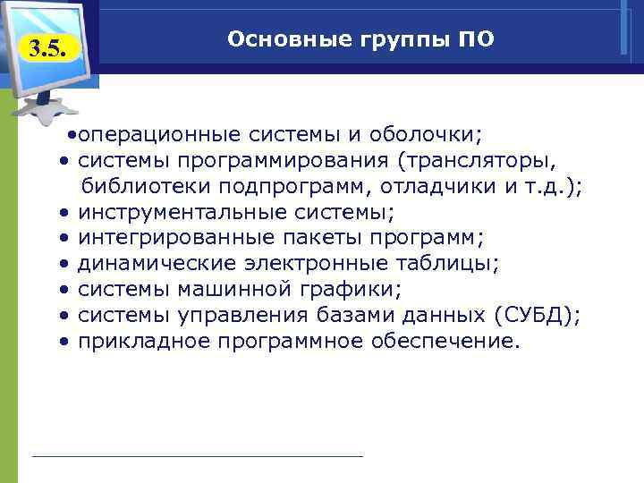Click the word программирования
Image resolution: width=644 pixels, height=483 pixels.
tap(285, 161)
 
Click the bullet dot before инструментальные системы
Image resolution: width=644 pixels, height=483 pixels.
tap(65, 213)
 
